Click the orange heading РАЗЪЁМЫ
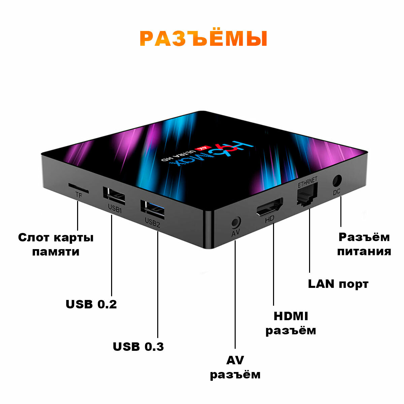pos(203,39)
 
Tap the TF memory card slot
pos(78,187)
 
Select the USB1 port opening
pos(114,195)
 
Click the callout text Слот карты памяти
pos(56,244)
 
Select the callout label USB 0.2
pos(91,304)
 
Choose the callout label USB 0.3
pos(138,346)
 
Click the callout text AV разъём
pos(235,367)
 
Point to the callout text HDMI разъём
pos(291,323)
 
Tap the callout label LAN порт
pos(338,284)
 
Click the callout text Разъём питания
pos(364,244)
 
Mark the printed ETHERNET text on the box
pos(307,181)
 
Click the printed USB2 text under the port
pos(152,223)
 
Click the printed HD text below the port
pos(269,219)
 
